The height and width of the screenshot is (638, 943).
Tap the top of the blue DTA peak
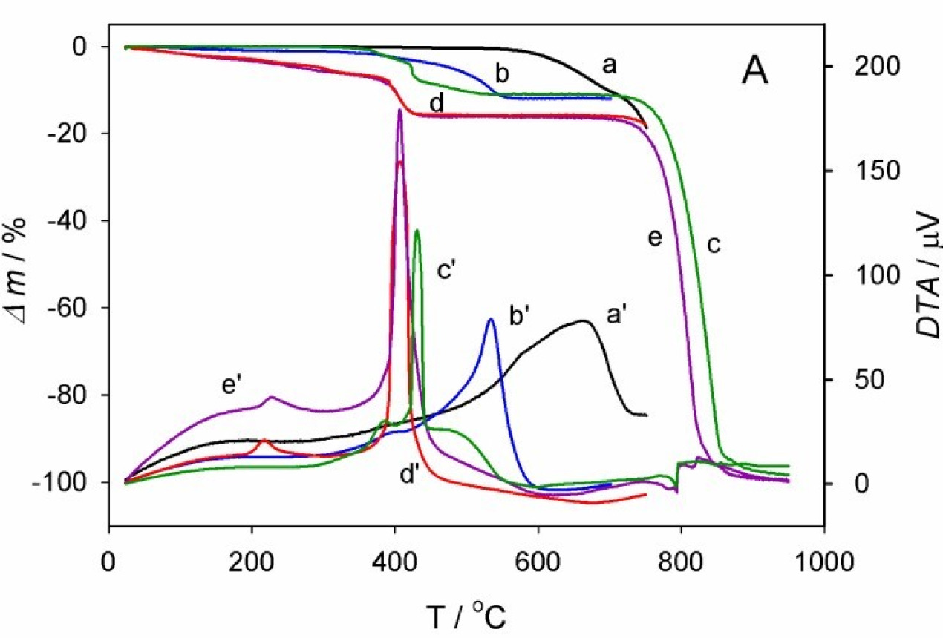point(491,320)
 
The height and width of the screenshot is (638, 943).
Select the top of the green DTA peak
point(417,231)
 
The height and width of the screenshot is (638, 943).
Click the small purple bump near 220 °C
point(271,397)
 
